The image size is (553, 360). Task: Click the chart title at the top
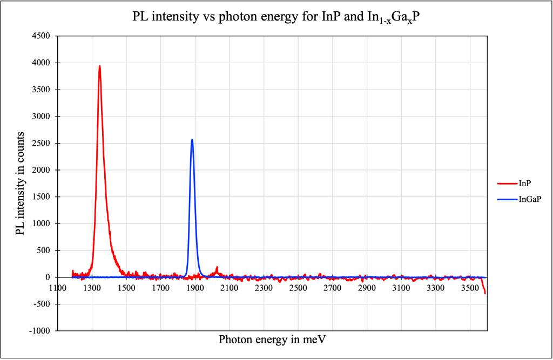(276, 17)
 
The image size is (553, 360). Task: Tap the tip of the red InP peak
(100, 66)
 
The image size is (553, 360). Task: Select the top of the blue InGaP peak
(192, 140)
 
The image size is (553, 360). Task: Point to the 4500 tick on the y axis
(42, 36)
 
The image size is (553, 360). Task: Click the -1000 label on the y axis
(39, 331)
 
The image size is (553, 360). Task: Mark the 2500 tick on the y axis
(42, 143)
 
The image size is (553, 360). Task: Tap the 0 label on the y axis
(47, 277)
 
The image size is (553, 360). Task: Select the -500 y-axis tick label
(41, 304)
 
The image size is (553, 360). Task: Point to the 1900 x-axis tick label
(195, 288)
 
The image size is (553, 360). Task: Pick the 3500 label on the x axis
(470, 288)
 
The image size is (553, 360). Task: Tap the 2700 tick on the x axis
(332, 288)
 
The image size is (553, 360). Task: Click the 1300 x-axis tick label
(92, 288)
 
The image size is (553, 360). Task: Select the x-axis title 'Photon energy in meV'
(272, 339)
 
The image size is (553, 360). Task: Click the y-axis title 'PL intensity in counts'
(20, 183)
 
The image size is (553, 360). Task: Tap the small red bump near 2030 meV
(217, 268)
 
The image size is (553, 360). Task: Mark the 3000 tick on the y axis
(42, 117)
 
